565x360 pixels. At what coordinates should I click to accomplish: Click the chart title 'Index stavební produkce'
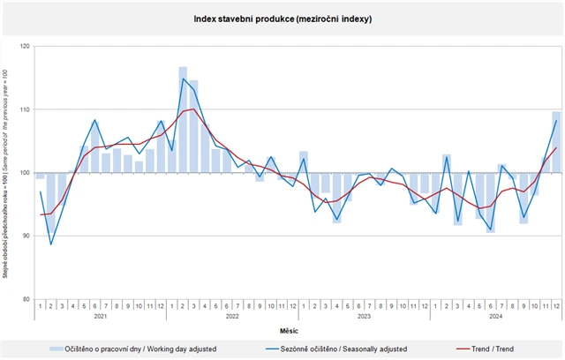282,18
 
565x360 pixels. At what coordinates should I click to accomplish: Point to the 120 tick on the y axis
25,46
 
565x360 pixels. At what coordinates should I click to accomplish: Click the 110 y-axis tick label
25,109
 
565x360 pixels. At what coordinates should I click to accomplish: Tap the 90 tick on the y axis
26,236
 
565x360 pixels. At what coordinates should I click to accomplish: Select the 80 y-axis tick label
26,300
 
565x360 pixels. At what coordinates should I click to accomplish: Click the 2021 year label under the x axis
100,315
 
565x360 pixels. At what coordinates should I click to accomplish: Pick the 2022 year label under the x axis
232,315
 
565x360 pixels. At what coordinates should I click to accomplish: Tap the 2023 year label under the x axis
364,315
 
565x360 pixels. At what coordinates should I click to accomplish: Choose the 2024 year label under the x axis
496,315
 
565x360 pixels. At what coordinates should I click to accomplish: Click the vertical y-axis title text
7,172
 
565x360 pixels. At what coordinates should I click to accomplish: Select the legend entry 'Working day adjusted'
141,349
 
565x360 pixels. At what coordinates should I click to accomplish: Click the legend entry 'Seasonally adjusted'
340,349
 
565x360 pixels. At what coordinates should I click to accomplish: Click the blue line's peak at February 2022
183,79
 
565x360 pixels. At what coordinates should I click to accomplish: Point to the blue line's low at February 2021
51,244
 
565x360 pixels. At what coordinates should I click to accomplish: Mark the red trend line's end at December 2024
556,147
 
